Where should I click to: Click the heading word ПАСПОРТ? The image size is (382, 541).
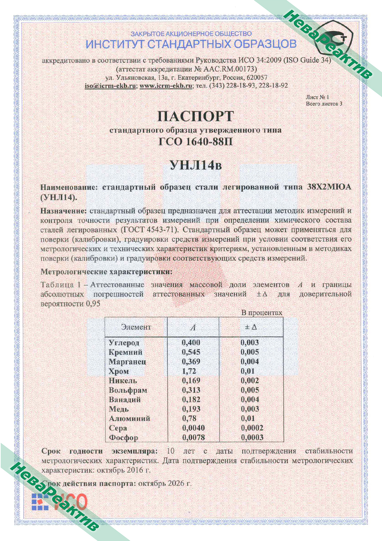(x=196, y=116)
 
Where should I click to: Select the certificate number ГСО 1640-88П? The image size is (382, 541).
(x=196, y=141)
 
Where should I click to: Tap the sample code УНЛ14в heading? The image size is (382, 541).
(x=196, y=165)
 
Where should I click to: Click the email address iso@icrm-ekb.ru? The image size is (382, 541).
(x=110, y=86)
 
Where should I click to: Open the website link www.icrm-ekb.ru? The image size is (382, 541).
(x=166, y=86)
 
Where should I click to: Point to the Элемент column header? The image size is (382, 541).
(x=136, y=327)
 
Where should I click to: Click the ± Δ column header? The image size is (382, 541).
(x=251, y=327)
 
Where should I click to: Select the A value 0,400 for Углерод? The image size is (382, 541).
(x=191, y=343)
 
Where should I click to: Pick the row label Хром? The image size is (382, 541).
(x=118, y=371)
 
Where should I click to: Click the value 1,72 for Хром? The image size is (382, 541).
(x=189, y=371)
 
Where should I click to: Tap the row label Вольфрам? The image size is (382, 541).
(x=128, y=390)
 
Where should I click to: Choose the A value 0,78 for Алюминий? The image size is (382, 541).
(x=189, y=418)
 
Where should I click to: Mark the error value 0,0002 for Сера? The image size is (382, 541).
(x=252, y=428)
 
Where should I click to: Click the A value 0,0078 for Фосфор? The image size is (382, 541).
(x=193, y=437)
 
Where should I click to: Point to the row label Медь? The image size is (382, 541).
(x=119, y=409)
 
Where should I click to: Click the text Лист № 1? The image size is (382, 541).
(x=317, y=97)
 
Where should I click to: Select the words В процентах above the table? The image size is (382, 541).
(x=262, y=313)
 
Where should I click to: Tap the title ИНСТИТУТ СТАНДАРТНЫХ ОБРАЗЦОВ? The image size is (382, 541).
(x=191, y=44)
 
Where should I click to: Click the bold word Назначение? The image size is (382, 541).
(x=63, y=211)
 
